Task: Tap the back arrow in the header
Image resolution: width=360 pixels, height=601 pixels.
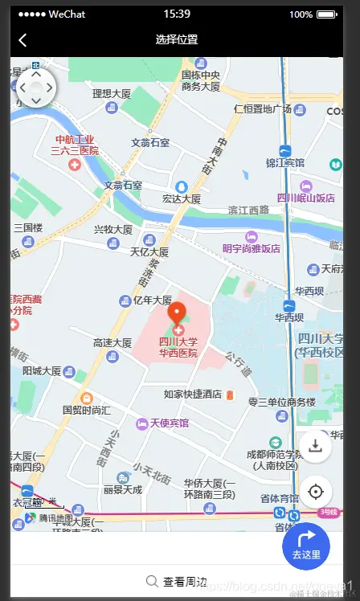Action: pos(22,39)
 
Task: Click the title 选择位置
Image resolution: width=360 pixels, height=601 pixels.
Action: pos(177,39)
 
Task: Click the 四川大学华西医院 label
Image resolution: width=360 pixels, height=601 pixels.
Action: pos(178,347)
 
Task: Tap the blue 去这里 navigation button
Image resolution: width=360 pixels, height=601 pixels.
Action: pos(306,546)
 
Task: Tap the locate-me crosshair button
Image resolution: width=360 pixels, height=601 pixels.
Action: pos(315,492)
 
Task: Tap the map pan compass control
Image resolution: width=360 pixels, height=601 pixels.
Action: pos(35,87)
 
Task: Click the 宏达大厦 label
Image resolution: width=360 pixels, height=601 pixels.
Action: pos(182,198)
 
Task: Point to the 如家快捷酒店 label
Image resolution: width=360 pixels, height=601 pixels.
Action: pos(193,395)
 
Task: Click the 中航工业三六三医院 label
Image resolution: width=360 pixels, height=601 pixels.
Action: pos(75,145)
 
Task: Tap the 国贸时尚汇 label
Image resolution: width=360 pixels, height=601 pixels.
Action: pos(87,410)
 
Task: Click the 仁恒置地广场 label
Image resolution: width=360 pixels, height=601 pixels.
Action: pos(262,109)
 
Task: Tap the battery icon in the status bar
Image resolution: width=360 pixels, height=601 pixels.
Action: pos(325,14)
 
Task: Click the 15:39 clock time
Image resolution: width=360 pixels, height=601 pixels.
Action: pos(177,14)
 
